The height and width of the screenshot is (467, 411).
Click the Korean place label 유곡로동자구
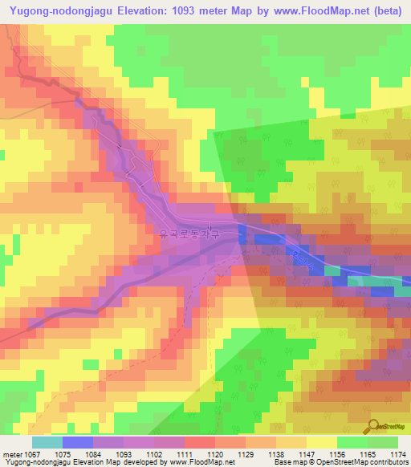pyautogui.click(x=196, y=234)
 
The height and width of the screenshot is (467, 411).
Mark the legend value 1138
pyautogui.click(x=275, y=453)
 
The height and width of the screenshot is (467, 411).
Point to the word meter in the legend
pyautogui.click(x=12, y=453)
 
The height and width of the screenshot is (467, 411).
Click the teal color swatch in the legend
pyautogui.click(x=47, y=442)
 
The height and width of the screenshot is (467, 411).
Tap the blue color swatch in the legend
pyautogui.click(x=78, y=442)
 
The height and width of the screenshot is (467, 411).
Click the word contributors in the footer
pyautogui.click(x=389, y=463)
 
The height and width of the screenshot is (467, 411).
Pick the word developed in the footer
pyautogui.click(x=128, y=463)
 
